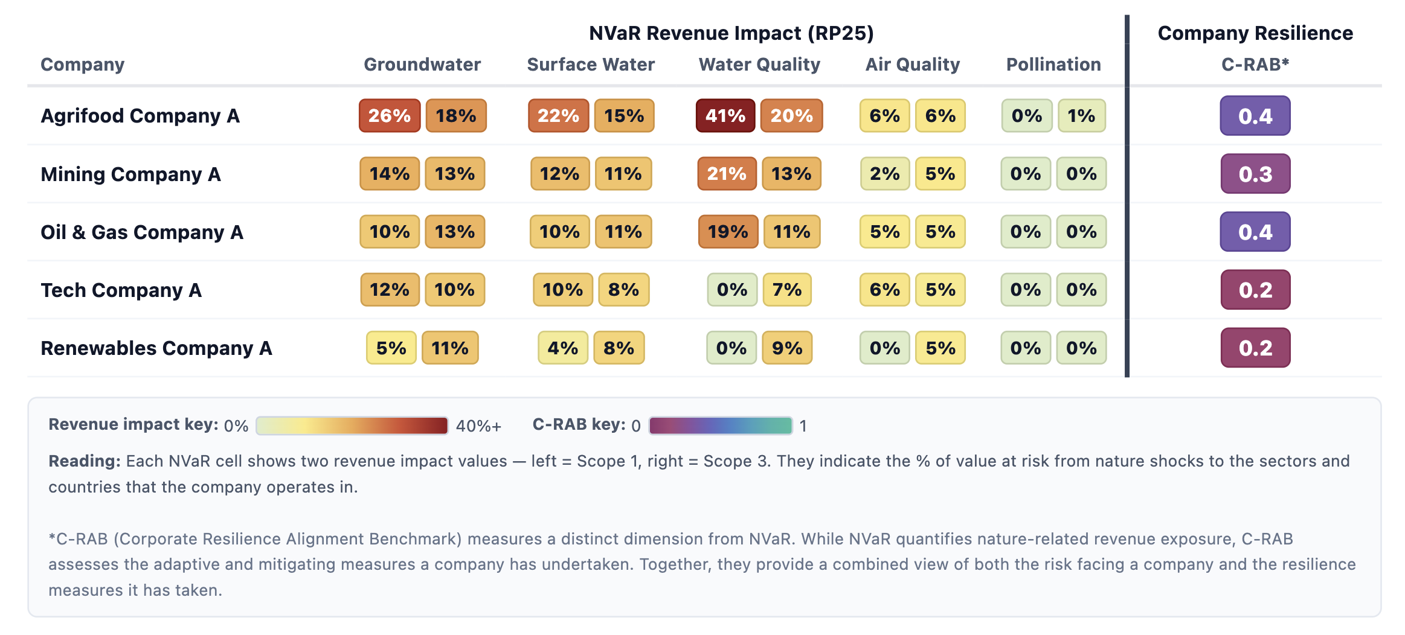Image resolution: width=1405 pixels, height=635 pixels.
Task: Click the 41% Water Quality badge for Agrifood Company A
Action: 725,116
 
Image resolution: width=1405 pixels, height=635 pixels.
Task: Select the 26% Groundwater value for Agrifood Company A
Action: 389,116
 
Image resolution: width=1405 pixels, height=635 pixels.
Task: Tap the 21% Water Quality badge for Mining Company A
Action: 727,174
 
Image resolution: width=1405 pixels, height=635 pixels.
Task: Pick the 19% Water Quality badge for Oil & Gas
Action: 728,232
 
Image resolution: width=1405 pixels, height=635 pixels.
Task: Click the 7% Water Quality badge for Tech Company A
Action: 787,290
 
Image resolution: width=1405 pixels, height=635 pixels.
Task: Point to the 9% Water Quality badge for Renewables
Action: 787,348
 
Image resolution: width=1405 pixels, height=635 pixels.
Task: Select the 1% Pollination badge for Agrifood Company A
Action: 1081,116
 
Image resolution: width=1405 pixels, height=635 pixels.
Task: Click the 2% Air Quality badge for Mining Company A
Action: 884,174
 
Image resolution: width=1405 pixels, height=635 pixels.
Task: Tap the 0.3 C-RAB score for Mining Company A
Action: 1255,174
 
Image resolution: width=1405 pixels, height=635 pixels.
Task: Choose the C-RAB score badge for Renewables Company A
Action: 1255,348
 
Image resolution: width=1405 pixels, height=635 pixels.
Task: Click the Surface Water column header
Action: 590,65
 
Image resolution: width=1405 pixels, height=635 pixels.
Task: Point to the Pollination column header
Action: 1053,65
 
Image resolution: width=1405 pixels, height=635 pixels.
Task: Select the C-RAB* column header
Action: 1255,65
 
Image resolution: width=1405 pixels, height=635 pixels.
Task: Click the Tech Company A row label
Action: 121,290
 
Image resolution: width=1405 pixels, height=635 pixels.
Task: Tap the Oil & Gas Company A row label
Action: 142,232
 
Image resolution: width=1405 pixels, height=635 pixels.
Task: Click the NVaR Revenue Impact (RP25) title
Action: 731,33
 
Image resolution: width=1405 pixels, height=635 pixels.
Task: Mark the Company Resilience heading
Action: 1255,33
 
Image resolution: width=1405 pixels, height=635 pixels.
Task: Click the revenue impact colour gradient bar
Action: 352,426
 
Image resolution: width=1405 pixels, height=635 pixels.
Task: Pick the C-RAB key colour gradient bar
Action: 720,426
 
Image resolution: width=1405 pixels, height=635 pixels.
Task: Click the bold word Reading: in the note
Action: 85,461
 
